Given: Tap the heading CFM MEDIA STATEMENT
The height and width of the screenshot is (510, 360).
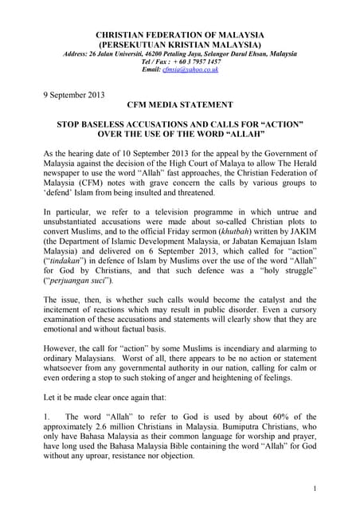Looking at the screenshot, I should click(178, 104).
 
